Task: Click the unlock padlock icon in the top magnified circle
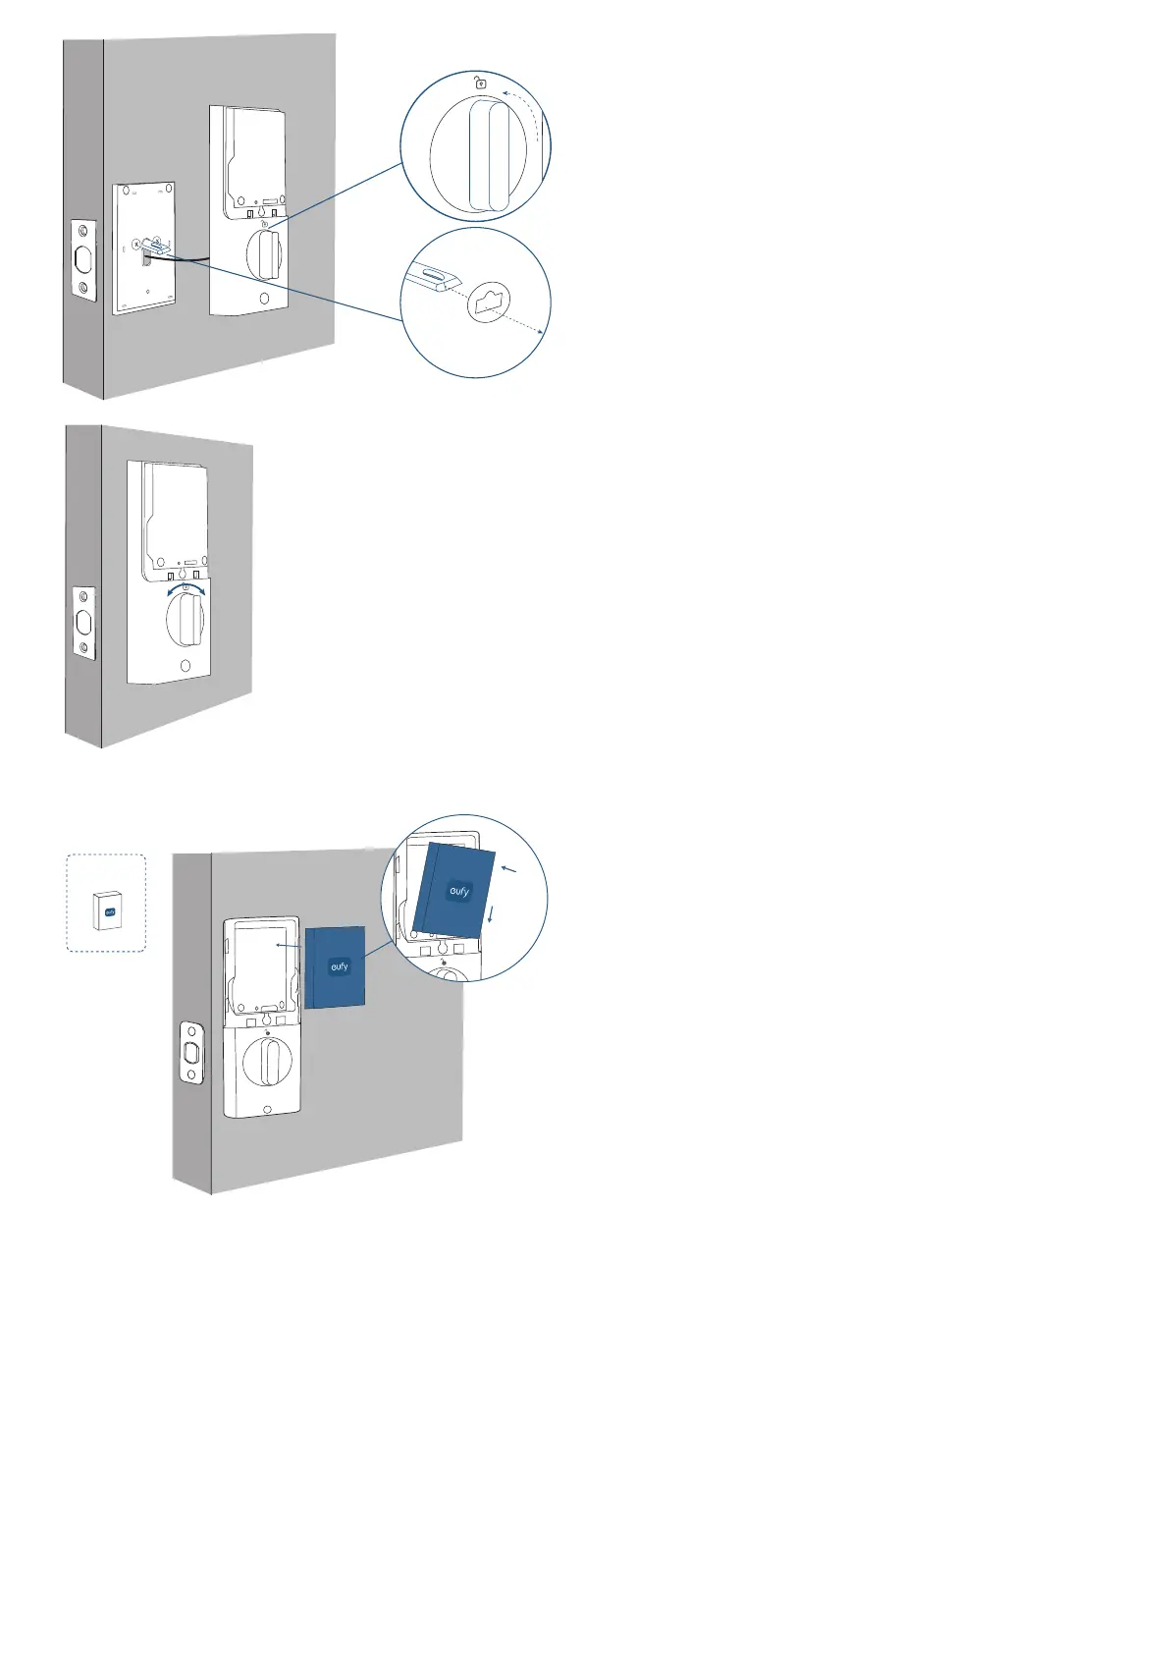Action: click(x=480, y=83)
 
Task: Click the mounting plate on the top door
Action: click(x=145, y=248)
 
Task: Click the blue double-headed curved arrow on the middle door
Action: click(x=186, y=588)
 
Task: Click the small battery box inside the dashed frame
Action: click(x=105, y=910)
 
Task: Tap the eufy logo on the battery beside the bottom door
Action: click(x=339, y=967)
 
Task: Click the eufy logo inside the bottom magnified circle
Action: click(x=459, y=891)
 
